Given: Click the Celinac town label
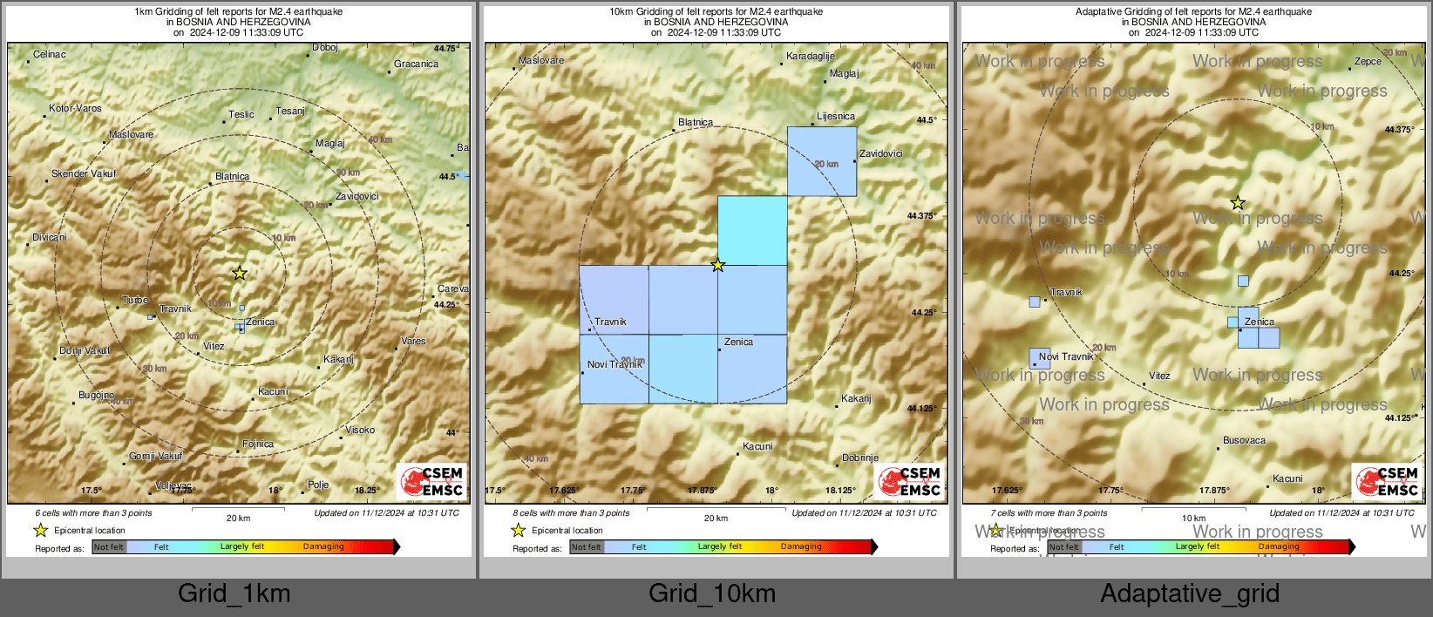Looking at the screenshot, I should point(50,55).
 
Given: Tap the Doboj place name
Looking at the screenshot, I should point(324,48).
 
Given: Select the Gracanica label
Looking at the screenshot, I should point(416,64).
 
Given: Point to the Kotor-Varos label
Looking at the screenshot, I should point(76,109).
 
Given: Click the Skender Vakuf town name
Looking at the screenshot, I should point(84,173).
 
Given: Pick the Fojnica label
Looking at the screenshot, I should point(258,444).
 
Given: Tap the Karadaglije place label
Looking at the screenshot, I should point(811,57).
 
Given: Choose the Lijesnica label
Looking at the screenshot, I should point(836,116).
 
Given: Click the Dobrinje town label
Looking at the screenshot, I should point(860,458).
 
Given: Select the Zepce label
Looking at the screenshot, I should point(1368,62).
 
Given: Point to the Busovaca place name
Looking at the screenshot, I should point(1244,441).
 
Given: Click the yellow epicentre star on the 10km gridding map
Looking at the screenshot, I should point(717,265).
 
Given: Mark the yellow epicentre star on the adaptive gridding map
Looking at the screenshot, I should point(1238,203).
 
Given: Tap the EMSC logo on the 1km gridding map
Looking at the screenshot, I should point(431,482).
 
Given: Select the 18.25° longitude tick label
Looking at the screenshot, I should point(366,491).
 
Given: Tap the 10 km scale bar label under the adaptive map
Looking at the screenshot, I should point(1193,519).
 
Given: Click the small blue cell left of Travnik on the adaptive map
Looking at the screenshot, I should point(1035,302).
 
